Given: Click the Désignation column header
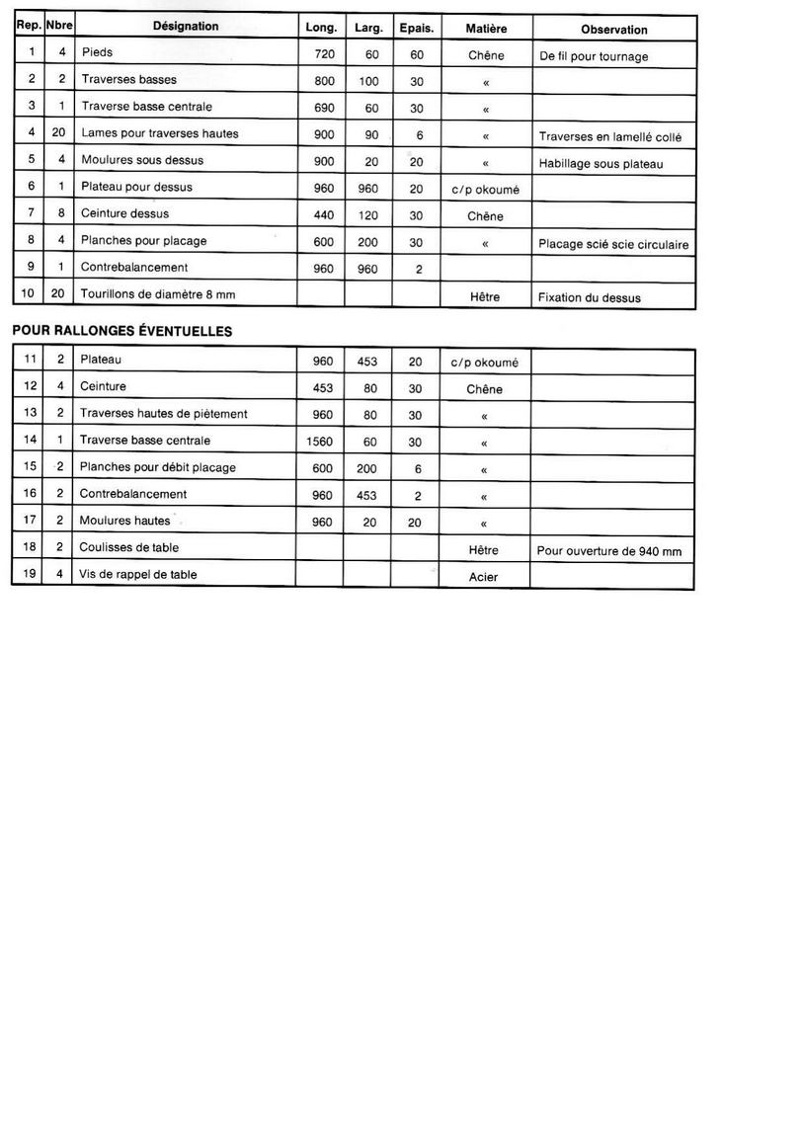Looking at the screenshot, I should click(x=186, y=27).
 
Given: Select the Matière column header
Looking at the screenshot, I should click(x=486, y=29).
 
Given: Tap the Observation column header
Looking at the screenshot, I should click(x=614, y=30).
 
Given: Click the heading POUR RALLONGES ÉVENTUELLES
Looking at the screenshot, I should click(x=121, y=332).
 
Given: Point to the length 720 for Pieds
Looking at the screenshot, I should click(x=324, y=55).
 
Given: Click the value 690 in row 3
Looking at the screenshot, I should click(x=324, y=108).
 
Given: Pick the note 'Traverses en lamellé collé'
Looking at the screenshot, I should click(x=610, y=136).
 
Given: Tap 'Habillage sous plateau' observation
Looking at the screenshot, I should click(x=600, y=164).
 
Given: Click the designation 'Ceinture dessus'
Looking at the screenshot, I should click(x=124, y=213).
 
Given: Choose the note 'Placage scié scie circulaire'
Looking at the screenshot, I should click(x=613, y=244).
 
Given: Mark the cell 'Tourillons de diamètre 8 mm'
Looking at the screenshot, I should click(x=158, y=294).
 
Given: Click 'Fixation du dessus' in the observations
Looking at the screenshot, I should click(x=590, y=297).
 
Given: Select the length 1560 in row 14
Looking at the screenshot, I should click(x=322, y=441).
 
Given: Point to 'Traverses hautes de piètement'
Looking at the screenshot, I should click(x=163, y=414).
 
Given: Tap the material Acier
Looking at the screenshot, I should click(x=484, y=577).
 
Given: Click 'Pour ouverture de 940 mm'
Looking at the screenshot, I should click(x=609, y=550).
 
